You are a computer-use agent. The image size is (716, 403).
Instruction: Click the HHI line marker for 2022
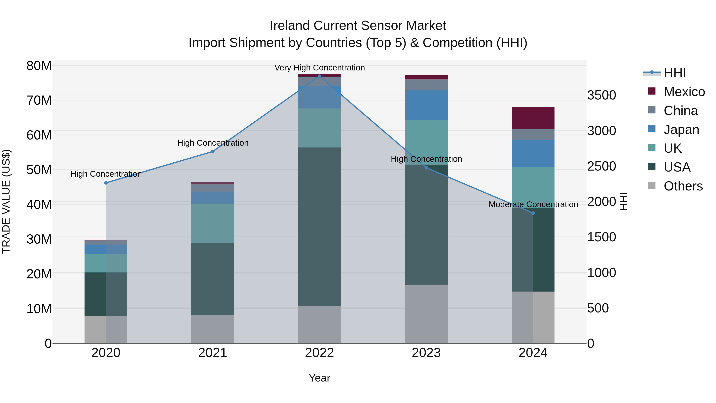[x=319, y=76]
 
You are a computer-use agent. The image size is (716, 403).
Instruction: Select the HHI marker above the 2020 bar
[x=106, y=183]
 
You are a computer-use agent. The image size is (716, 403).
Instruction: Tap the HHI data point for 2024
[x=533, y=213]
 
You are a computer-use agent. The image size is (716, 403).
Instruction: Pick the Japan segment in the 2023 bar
[x=426, y=105]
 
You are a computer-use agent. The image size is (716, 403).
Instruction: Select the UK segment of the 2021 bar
[x=213, y=223]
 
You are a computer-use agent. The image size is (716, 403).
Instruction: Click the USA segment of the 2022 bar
[x=319, y=226]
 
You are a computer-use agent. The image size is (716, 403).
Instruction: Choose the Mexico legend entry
[x=684, y=92]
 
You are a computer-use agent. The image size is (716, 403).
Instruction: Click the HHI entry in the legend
[x=675, y=73]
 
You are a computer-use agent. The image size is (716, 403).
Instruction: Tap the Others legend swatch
[x=652, y=185]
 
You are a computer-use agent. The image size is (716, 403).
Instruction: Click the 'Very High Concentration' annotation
[x=319, y=68]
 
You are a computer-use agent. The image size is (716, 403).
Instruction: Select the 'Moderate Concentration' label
[x=533, y=204]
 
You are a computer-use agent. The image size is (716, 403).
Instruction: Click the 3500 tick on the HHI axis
[x=601, y=95]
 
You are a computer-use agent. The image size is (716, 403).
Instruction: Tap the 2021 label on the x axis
[x=213, y=353]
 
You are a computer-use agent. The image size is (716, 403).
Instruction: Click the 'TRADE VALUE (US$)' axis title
[x=6, y=201]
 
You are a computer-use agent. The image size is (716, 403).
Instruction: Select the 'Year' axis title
[x=319, y=378]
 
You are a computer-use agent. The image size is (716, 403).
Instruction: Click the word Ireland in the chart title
[x=290, y=26]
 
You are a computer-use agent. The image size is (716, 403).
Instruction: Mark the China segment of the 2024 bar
[x=533, y=134]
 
